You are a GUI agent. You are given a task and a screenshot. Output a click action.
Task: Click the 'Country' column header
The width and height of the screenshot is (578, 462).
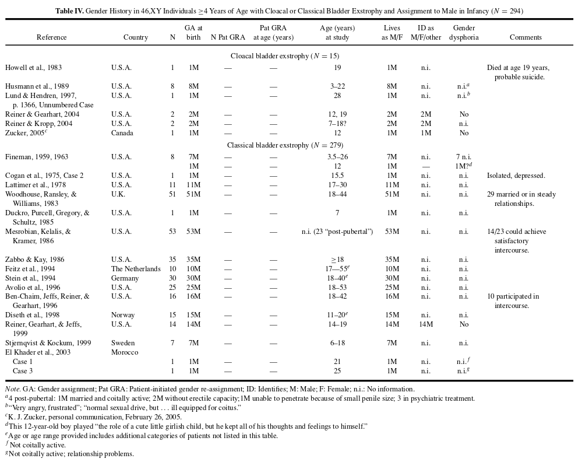(136, 37)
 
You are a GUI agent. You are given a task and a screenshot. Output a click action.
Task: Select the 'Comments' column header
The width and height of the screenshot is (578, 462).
(526, 37)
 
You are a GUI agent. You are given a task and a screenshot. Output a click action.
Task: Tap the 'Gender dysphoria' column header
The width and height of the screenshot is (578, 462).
(464, 33)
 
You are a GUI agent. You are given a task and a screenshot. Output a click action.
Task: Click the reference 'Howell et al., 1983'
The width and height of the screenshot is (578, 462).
(34, 68)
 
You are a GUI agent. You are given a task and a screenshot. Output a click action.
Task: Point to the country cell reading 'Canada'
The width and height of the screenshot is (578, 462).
(122, 133)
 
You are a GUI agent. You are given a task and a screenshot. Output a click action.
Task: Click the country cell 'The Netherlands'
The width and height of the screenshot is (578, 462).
(136, 269)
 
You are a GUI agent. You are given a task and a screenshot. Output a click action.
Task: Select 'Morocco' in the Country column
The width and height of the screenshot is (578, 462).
(125, 352)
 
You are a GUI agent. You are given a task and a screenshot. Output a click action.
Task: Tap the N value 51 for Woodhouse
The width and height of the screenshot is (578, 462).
(172, 194)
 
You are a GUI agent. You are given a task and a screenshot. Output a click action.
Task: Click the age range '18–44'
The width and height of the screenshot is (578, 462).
(337, 194)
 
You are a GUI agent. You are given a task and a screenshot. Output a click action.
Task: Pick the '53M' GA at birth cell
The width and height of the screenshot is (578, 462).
(193, 232)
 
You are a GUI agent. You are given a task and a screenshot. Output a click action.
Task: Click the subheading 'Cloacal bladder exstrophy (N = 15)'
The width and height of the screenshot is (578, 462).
(285, 56)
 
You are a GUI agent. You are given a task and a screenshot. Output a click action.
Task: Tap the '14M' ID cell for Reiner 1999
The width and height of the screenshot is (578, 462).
(426, 324)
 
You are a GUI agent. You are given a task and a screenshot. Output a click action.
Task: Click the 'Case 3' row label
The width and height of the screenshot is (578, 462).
(23, 371)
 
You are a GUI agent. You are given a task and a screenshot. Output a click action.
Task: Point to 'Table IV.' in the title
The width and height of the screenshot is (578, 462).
(70, 10)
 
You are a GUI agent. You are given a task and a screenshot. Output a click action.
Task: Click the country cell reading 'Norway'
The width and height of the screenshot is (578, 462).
(123, 315)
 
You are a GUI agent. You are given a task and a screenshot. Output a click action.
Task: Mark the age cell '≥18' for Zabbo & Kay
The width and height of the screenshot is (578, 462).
(337, 260)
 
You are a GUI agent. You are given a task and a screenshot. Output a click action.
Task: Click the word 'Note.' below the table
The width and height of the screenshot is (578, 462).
(13, 389)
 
